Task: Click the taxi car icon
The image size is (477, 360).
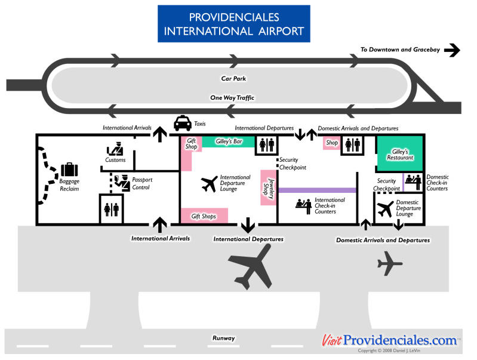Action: point(183,123)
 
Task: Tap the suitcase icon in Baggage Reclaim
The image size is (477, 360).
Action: point(69,170)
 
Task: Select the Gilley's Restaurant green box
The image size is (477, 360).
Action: point(399,154)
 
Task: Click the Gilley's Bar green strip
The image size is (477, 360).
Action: point(228,142)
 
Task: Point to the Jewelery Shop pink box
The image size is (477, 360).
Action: point(268,187)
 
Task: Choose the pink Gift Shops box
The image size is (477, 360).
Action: point(204,216)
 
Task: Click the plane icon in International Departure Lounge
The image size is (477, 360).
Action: point(210,184)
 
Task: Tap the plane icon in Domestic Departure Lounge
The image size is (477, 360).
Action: point(386,209)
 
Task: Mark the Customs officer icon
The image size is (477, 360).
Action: point(115,149)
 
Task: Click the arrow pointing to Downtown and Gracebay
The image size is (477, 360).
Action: point(452,50)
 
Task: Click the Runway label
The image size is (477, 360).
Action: point(223,339)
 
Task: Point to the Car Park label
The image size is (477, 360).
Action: point(233,78)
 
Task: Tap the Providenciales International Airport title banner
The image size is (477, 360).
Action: point(234,24)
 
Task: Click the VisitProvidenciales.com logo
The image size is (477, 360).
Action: point(390,340)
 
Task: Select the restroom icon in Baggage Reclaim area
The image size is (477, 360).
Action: point(112,210)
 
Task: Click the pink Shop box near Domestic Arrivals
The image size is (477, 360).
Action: point(331,143)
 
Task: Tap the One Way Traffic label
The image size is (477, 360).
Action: point(232,97)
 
